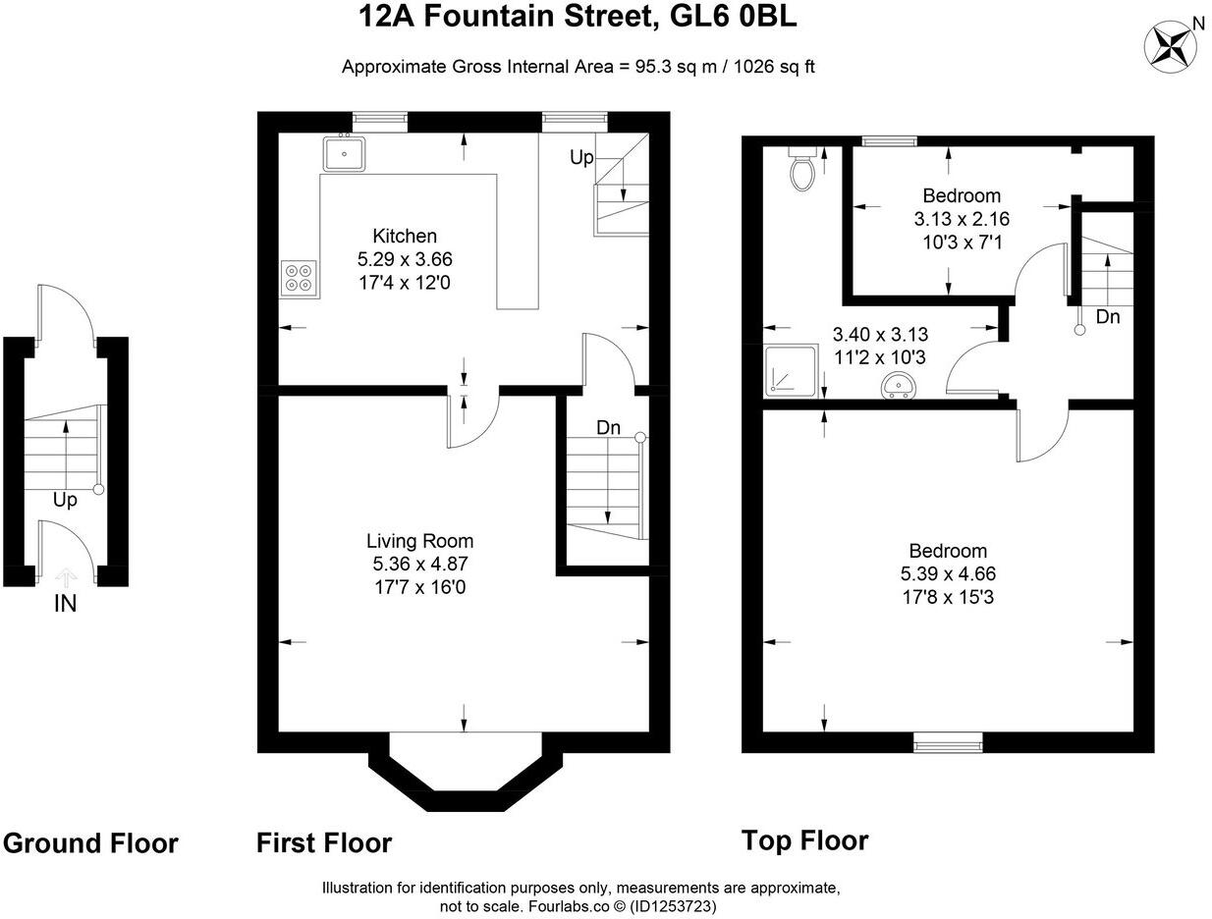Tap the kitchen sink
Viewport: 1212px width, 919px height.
coord(344,153)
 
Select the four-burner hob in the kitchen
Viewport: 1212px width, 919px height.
coord(300,278)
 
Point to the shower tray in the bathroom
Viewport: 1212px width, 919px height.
coord(791,371)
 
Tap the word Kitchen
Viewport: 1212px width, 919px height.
coord(405,236)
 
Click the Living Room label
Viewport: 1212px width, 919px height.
coord(419,541)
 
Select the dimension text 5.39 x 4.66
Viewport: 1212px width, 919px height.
coord(947,573)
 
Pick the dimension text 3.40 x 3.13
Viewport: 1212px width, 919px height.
coord(880,335)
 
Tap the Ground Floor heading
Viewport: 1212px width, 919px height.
coord(90,843)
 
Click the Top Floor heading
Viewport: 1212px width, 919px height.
coord(804,840)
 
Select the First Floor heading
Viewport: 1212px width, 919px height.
coord(324,842)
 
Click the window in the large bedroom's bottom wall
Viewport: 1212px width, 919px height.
coord(948,743)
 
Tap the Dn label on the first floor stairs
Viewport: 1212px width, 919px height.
coord(609,428)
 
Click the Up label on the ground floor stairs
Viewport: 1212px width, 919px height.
coord(65,501)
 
